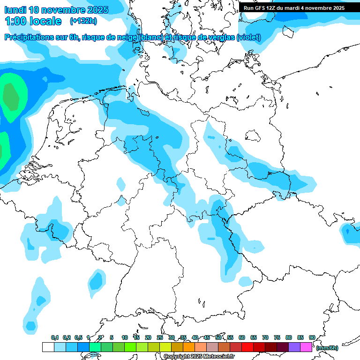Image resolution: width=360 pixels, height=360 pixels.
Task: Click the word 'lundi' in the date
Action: pyautogui.click(x=15, y=10)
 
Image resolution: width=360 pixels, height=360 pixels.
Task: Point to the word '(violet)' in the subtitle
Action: pyautogui.click(x=249, y=37)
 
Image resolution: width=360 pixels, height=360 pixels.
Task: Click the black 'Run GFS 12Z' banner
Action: pyautogui.click(x=294, y=8)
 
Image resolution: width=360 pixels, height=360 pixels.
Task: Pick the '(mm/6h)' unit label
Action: pyautogui.click(x=327, y=348)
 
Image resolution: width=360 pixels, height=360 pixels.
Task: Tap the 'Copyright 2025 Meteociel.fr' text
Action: pyautogui.click(x=199, y=357)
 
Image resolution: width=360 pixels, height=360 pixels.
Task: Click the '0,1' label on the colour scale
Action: pyautogui.click(x=55, y=337)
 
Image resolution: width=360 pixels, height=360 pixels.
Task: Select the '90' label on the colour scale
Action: pyautogui.click(x=312, y=337)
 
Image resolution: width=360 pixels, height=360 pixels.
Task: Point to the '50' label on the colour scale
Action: pyautogui.click(x=218, y=337)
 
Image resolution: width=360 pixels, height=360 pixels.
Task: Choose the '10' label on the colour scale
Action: pyautogui.click(x=125, y=337)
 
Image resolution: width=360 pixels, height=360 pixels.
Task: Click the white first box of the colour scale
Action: pyautogui.click(x=48, y=347)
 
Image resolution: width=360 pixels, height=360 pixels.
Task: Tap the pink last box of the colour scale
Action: pyautogui.click(x=306, y=347)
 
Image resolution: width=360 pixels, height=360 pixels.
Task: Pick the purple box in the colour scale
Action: pyautogui.click(x=294, y=347)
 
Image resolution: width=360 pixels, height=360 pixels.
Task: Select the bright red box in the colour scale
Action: pyautogui.click(x=247, y=347)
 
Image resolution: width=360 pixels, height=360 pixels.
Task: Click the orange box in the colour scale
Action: pyautogui.click(x=189, y=347)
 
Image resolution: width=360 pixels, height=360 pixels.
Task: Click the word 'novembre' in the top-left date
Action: pyautogui.click(x=62, y=10)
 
